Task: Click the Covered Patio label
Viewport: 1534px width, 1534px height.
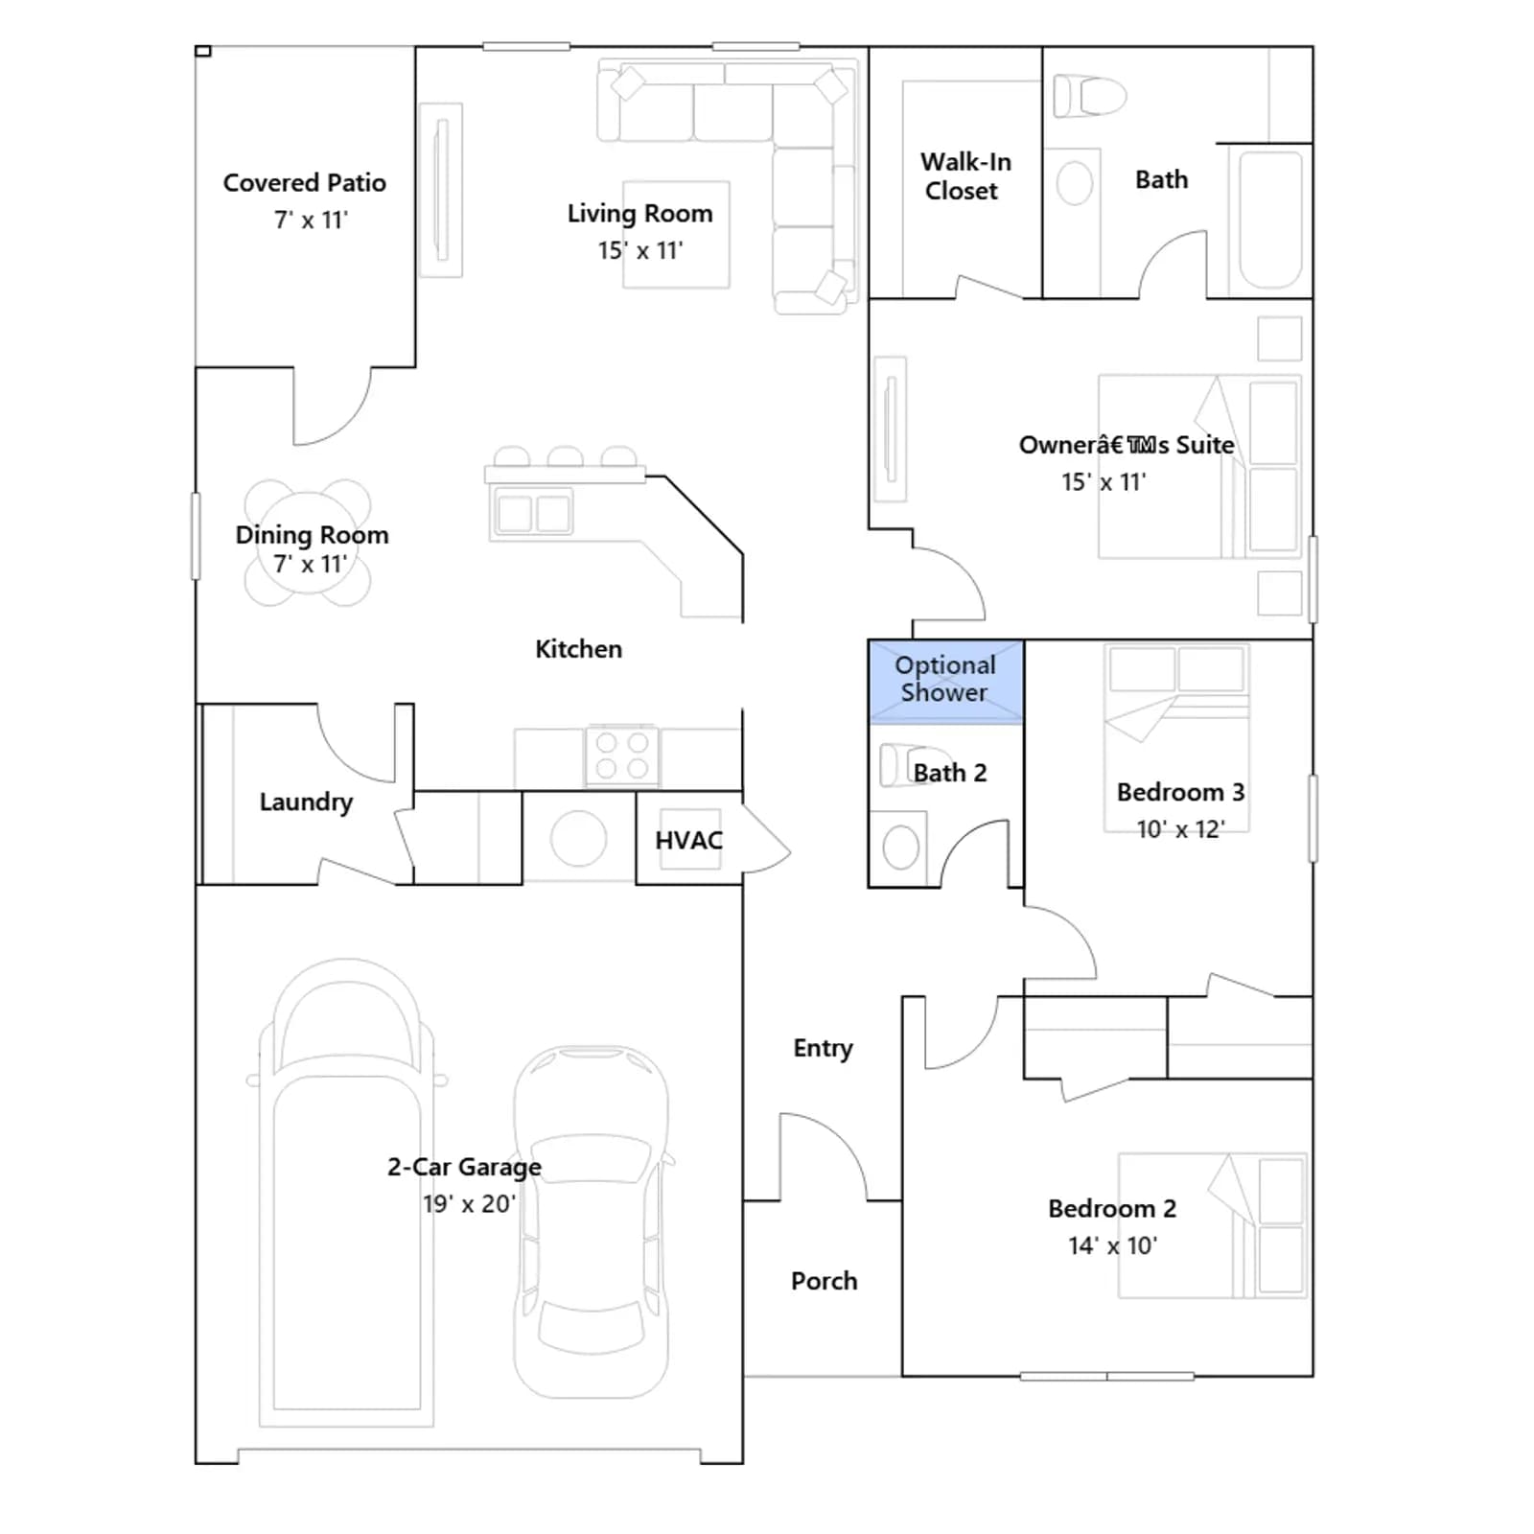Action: tap(305, 183)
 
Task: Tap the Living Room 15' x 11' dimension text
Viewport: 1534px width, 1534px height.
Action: tap(640, 251)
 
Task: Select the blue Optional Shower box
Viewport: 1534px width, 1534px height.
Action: tap(945, 681)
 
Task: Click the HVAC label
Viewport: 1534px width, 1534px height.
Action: tap(688, 841)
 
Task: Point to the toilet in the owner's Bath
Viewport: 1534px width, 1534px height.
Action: tap(1089, 96)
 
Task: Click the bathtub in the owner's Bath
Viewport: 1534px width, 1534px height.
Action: tap(1271, 220)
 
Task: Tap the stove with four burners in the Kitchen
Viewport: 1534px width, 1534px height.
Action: tap(622, 755)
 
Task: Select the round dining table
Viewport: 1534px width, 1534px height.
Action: tap(308, 544)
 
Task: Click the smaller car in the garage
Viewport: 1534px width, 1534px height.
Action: tap(592, 1221)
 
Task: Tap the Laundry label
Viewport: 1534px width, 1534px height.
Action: tap(306, 802)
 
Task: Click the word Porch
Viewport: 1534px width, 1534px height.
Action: tap(824, 1281)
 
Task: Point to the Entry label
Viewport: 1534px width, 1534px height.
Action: tap(823, 1049)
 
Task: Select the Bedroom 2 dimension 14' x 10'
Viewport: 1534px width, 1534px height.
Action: tap(1112, 1246)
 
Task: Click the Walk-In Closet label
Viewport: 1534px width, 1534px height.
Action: tap(965, 176)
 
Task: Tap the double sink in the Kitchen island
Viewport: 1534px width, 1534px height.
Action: tap(534, 513)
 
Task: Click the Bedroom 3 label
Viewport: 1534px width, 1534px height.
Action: tap(1180, 793)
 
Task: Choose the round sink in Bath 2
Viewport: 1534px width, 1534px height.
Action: tap(900, 848)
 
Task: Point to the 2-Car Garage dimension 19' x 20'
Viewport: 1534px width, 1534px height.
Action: tap(469, 1204)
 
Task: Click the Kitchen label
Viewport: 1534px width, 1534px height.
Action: tap(578, 650)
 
